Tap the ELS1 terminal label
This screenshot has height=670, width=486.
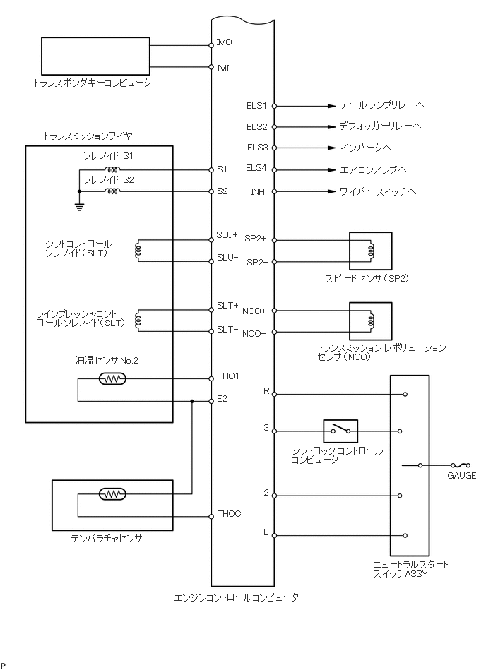point(256,106)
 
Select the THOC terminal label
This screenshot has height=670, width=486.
point(229,513)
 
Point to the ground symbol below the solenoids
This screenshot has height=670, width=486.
point(79,207)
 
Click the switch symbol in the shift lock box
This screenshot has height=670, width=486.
point(340,430)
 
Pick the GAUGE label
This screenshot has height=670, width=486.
point(461,476)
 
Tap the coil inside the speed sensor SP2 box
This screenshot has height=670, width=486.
point(369,250)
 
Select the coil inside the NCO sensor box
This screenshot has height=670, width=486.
point(369,321)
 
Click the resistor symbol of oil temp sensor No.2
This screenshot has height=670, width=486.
point(112,379)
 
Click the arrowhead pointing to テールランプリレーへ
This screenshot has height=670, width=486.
point(331,106)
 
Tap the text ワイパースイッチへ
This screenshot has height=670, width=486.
point(378,191)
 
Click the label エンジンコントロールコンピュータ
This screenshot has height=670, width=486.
point(237,597)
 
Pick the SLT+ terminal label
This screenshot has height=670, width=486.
point(227,306)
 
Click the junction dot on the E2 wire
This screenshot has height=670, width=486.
point(192,401)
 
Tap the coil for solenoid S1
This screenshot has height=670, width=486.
point(112,169)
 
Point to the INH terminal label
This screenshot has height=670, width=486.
point(259,191)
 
